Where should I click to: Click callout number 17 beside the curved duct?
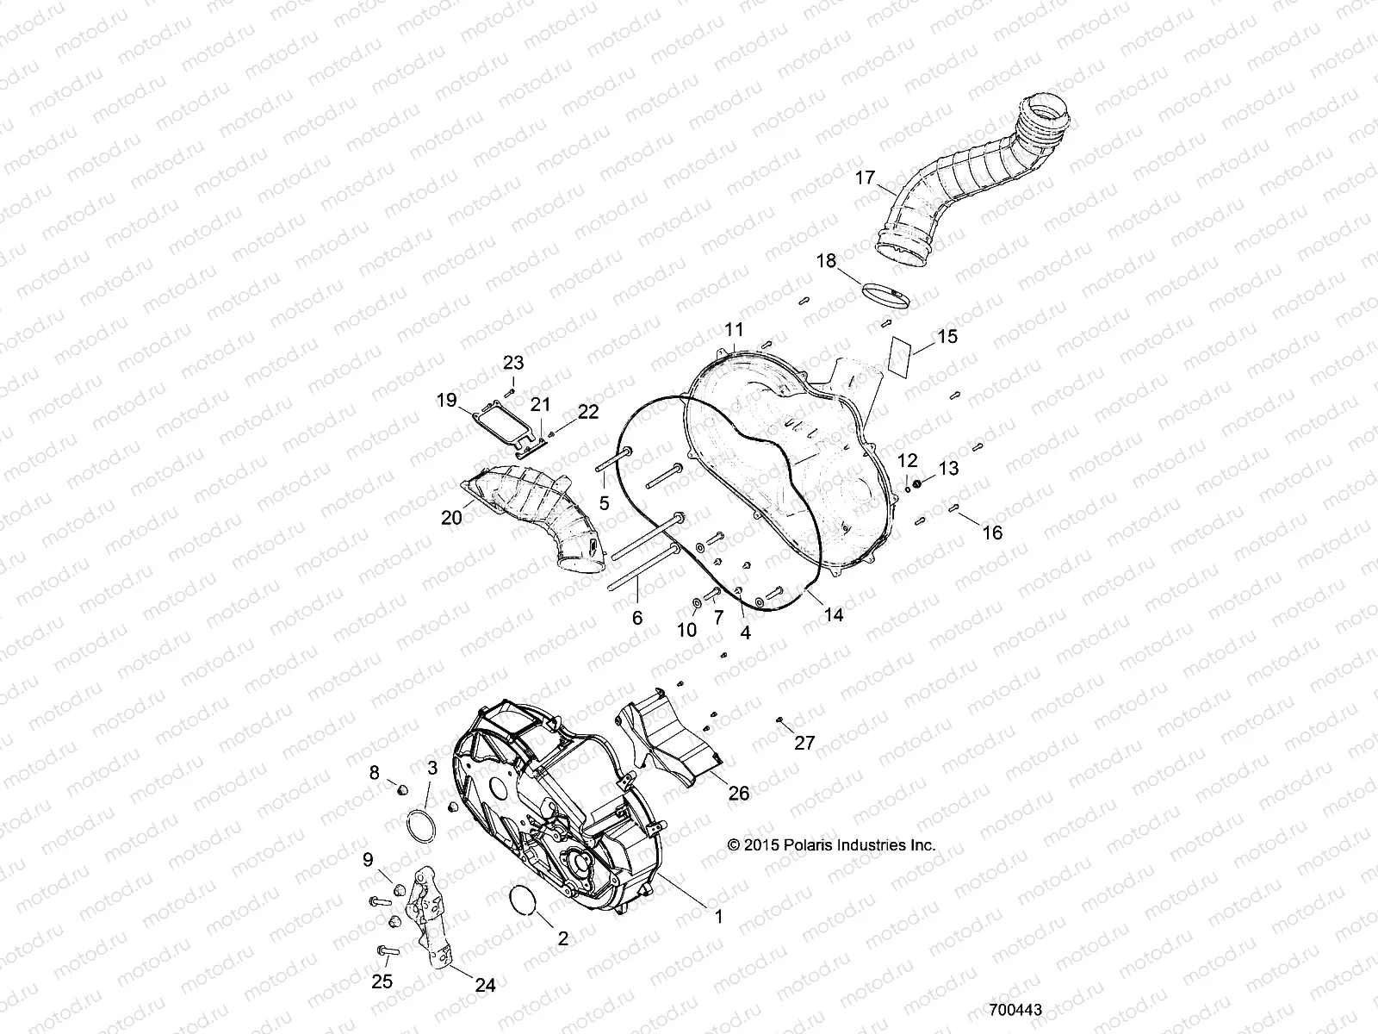[864, 179]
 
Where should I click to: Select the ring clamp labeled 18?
[886, 295]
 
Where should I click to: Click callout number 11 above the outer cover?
[734, 329]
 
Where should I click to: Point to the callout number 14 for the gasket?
[833, 614]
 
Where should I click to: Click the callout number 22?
[587, 412]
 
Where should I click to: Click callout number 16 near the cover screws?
[992, 533]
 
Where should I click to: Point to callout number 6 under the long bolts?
[637, 619]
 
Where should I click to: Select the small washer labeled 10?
[696, 600]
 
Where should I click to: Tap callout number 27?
[804, 743]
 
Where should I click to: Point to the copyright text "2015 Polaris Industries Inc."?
[831, 845]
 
